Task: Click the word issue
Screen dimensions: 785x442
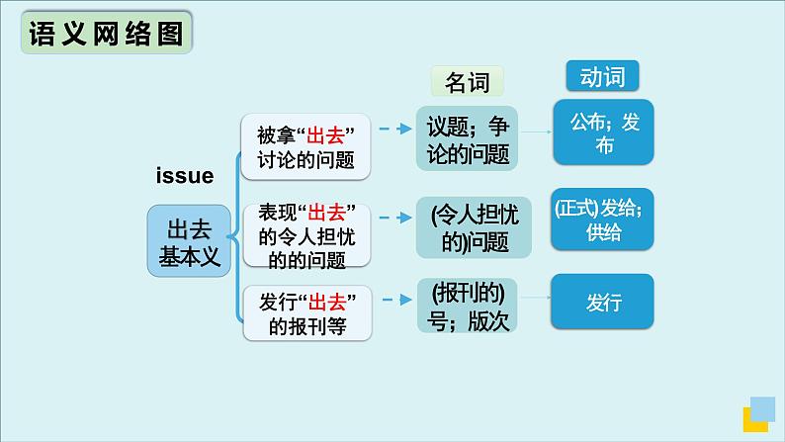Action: click(185, 176)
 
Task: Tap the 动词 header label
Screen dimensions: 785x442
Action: click(602, 75)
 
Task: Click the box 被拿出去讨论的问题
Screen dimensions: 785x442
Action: click(305, 147)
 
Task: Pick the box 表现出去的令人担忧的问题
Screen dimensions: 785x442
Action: click(305, 235)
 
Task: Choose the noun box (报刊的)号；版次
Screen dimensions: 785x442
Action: click(468, 308)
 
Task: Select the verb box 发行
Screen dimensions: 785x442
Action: click(602, 303)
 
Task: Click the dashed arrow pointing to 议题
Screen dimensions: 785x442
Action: click(393, 129)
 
